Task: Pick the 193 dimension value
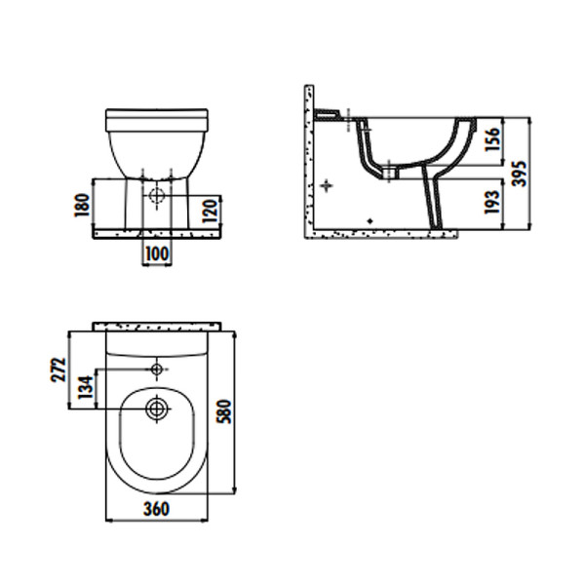pos(492,202)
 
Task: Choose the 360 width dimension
pos(156,509)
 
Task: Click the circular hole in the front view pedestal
pos(156,195)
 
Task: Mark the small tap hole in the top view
pos(156,370)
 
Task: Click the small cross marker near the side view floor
pos(369,221)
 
